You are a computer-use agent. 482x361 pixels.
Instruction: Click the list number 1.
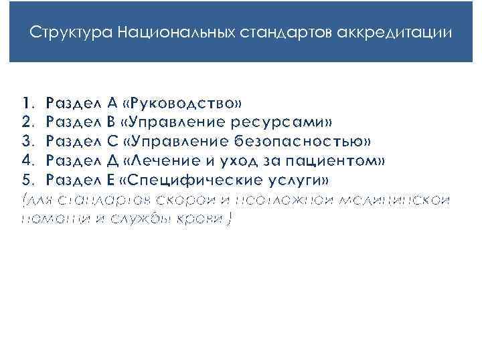(x=26, y=104)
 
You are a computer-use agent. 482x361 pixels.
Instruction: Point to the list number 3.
(x=26, y=142)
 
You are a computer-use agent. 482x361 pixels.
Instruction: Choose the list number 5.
(x=26, y=180)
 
